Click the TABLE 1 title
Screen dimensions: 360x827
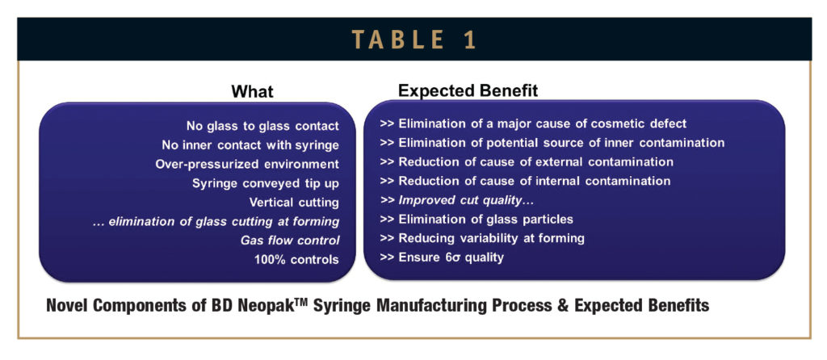(x=413, y=39)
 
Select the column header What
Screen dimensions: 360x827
(x=252, y=91)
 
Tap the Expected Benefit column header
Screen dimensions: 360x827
(x=468, y=90)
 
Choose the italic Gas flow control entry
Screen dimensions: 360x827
(x=289, y=241)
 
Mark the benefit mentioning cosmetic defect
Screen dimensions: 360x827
(x=533, y=123)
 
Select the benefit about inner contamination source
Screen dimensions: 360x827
(x=552, y=143)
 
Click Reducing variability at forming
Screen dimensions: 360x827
(x=482, y=238)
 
